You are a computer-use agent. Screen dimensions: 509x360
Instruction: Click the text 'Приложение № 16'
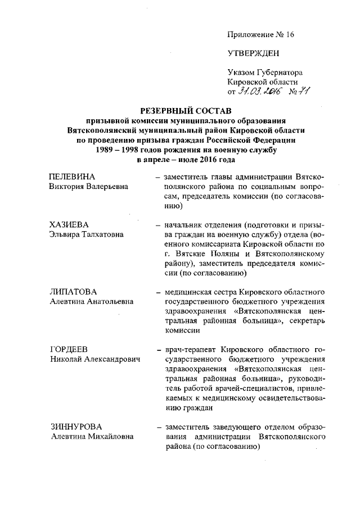(x=260, y=34)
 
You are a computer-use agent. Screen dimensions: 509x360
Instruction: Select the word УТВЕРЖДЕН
(x=253, y=54)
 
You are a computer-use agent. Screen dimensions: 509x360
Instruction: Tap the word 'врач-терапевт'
(x=187, y=349)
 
